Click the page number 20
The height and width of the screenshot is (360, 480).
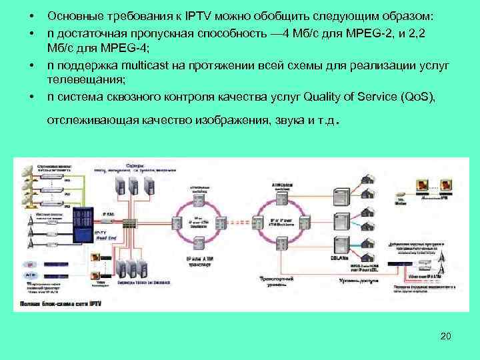pyautogui.click(x=446, y=335)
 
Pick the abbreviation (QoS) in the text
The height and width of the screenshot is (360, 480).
pyautogui.click(x=418, y=97)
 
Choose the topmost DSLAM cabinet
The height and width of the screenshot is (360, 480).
pyautogui.click(x=339, y=196)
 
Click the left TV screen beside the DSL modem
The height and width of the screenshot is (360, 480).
pyautogui.click(x=421, y=185)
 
